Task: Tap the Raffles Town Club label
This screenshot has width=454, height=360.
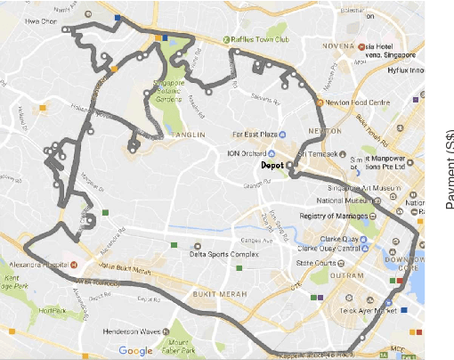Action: (x=259, y=38)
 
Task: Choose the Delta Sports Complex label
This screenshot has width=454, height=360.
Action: (x=226, y=255)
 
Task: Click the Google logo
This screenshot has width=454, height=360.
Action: (x=135, y=351)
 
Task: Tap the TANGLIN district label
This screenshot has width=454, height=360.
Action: (x=190, y=135)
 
